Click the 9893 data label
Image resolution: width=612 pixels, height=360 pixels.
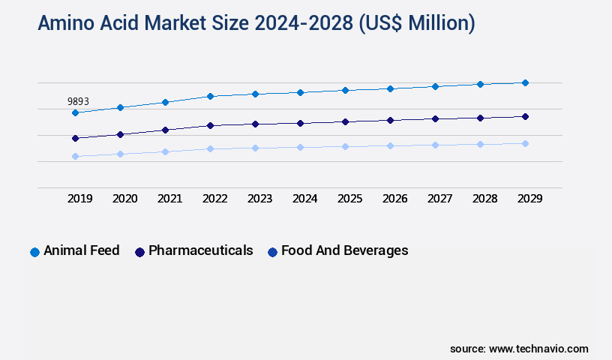78,101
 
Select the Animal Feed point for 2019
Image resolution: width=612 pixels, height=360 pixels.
75,112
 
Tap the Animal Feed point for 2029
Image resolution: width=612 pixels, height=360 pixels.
525,82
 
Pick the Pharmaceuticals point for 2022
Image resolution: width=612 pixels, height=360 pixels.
210,125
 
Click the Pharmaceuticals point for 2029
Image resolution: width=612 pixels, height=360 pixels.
525,116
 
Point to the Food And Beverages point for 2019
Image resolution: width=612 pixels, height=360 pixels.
75,156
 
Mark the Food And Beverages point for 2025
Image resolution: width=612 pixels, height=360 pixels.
345,146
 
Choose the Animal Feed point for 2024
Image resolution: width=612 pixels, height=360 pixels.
300,92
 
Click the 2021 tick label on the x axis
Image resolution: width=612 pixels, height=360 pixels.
169,199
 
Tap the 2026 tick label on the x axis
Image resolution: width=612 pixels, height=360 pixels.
394,199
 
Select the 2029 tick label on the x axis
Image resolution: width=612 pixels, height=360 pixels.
529,199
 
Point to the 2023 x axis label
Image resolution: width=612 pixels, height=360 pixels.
259,199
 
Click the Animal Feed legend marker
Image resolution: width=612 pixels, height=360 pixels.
34,252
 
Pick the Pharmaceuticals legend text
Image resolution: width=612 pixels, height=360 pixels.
200,250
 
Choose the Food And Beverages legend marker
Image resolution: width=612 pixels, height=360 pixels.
272,252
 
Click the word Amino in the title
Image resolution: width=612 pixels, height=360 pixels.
66,24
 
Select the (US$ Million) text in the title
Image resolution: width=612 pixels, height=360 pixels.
416,24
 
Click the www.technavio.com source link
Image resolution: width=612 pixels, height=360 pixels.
538,349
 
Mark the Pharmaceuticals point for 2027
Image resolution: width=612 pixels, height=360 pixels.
435,118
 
